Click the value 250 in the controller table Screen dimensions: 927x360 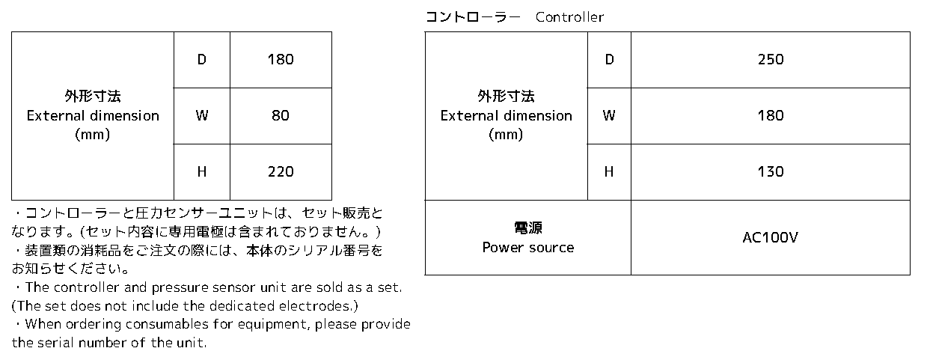(771, 60)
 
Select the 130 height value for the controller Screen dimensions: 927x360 (771, 171)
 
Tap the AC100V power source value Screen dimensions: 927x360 (770, 237)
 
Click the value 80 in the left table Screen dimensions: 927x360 (281, 115)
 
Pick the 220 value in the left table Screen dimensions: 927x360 (281, 171)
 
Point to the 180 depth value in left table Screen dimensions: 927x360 (281, 60)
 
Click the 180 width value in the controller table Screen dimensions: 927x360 (771, 115)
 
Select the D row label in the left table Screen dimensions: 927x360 (201, 60)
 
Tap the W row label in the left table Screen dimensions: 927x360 (201, 115)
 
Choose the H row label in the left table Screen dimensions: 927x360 (201, 171)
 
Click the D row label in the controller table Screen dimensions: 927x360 (609, 60)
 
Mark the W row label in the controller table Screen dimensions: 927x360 (609, 115)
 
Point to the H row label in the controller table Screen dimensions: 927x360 (609, 171)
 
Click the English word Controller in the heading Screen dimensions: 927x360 (570, 17)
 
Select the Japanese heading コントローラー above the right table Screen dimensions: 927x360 (473, 17)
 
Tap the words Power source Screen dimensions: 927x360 (528, 248)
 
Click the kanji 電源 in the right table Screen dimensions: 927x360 (528, 228)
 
